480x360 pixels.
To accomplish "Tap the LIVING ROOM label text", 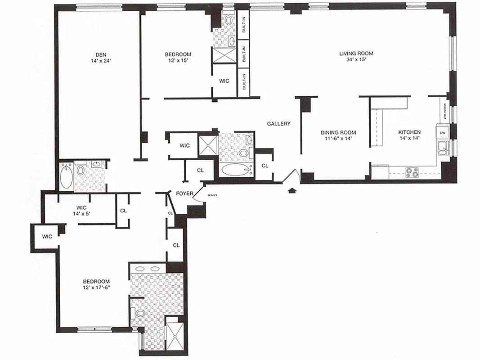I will coord(356,54).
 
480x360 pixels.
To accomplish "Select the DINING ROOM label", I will coord(338,132).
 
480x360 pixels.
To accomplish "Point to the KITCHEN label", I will coord(409,132).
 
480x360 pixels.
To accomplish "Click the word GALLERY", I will coord(278,124).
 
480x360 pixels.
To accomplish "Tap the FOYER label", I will coord(184,194).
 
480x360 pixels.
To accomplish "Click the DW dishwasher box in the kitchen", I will coord(442,133).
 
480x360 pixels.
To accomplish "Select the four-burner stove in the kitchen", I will coord(412,171).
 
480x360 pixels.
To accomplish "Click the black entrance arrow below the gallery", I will coord(292,191).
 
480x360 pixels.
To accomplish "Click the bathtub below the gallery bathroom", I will coord(237,170).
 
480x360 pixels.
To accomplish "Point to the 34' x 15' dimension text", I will coord(356,60).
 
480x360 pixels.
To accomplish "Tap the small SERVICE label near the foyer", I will coord(212,195).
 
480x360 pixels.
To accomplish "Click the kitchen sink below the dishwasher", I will coord(442,147).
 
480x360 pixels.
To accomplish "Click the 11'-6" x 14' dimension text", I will coord(338,139).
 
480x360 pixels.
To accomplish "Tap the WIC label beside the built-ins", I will coord(224,81).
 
